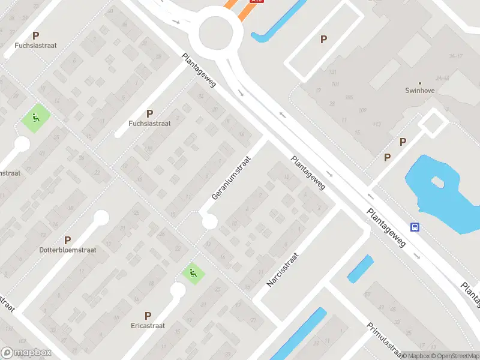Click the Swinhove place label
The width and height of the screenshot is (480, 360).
coord(420,91)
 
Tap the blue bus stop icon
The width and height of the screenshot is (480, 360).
coord(415,227)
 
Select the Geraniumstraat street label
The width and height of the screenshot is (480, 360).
coord(230,175)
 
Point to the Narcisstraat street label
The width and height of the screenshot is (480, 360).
coord(283,268)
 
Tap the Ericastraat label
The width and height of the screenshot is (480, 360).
coord(147,326)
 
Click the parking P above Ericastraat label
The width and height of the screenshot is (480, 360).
coord(148,315)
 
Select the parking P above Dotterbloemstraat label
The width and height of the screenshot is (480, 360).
coord(67,239)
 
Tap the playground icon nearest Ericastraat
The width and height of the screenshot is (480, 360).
coord(193,274)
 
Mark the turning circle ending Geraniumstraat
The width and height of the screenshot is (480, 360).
coord(209,222)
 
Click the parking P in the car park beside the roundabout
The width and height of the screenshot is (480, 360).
coord(323,40)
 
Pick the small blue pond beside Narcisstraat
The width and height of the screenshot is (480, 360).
coord(360,269)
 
